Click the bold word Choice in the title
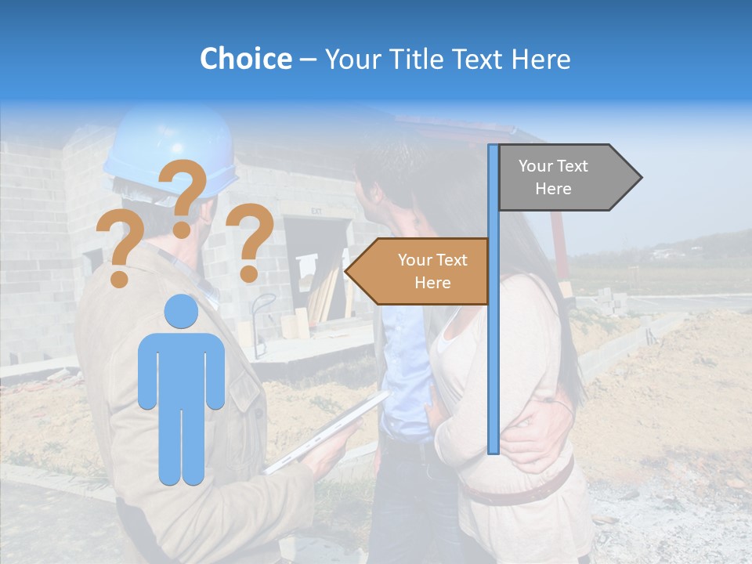(245, 59)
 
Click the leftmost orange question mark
(117, 249)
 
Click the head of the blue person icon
(181, 312)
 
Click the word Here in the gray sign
(553, 189)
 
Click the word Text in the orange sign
(450, 260)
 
